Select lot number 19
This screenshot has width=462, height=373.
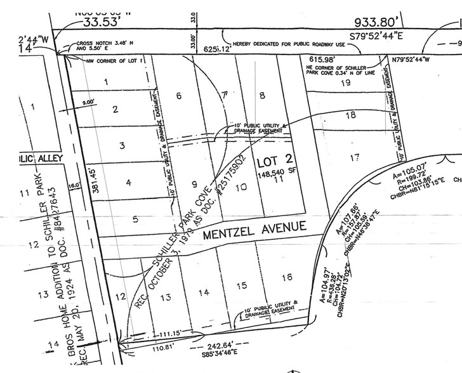coord(346,82)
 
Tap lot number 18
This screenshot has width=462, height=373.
coord(350,115)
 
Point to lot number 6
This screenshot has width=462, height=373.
coord(179,96)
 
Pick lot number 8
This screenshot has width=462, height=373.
coord(261,95)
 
